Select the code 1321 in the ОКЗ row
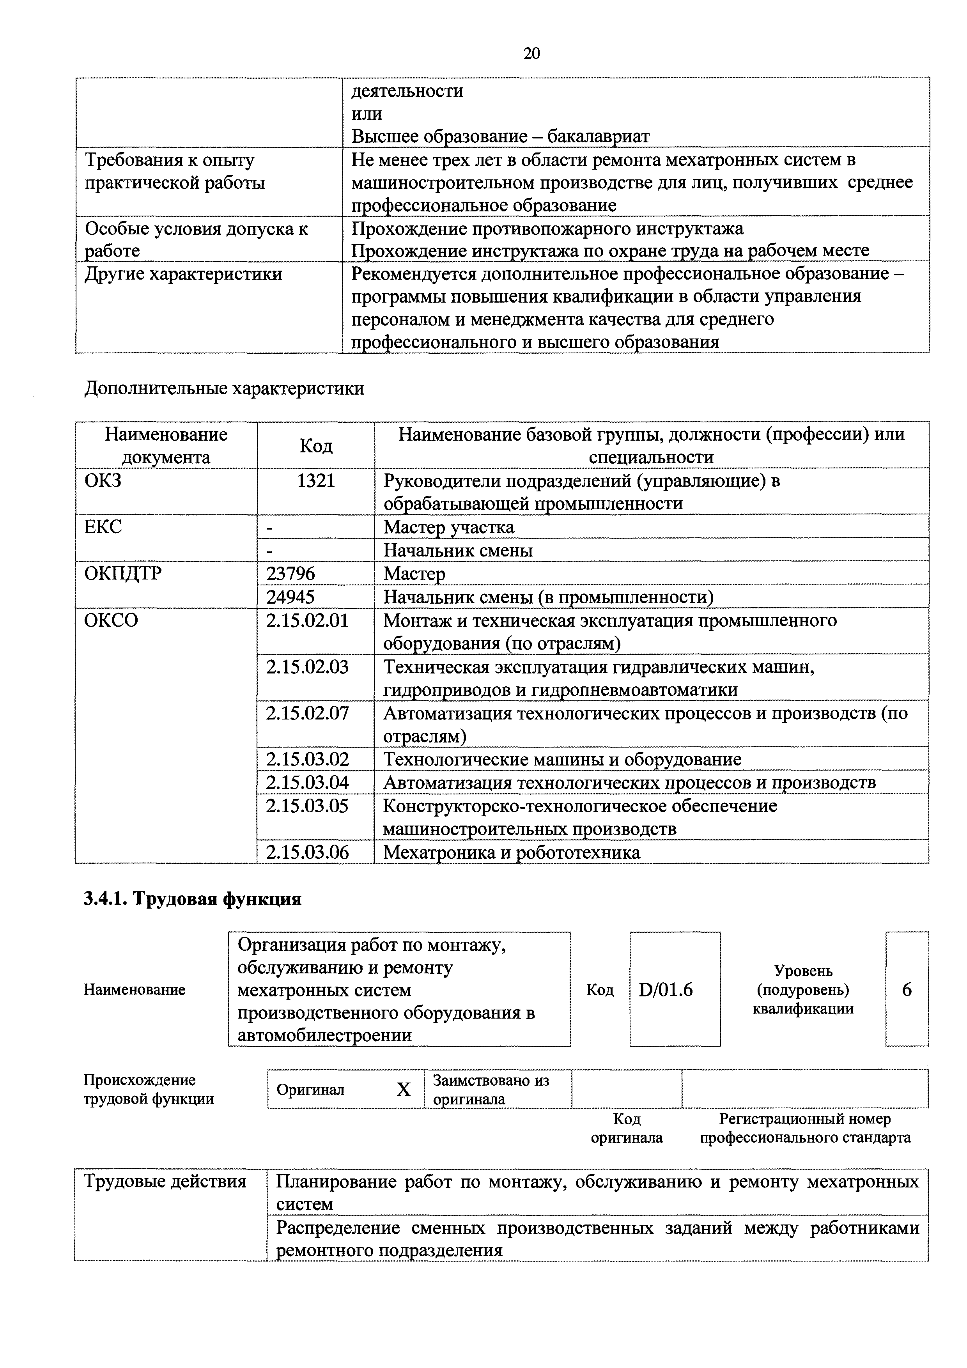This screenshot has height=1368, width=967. pos(316,480)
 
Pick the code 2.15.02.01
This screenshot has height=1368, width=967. pos(307,620)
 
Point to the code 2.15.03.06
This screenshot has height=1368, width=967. pos(307,852)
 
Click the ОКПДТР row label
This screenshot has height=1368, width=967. pos(123,573)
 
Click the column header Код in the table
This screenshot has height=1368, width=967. pos(316,445)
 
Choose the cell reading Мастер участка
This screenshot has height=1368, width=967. pos(449,527)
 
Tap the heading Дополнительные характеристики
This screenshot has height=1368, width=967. pos(224,388)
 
